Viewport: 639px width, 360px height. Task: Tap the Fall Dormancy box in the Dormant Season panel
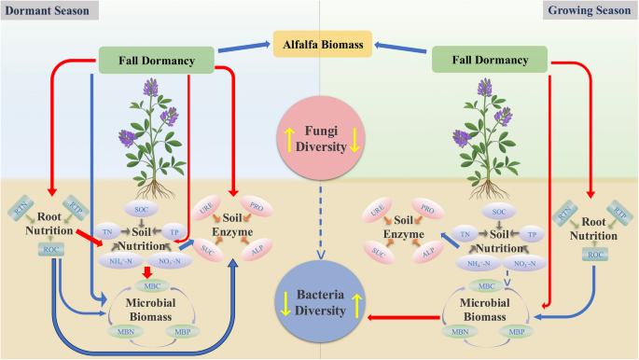[x=156, y=62]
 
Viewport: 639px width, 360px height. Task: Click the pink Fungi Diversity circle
[x=320, y=132]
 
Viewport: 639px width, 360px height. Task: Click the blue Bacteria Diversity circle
[x=320, y=300]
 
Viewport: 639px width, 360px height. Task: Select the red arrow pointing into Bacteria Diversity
[x=401, y=318]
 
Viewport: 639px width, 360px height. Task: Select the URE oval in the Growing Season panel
[x=381, y=215]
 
